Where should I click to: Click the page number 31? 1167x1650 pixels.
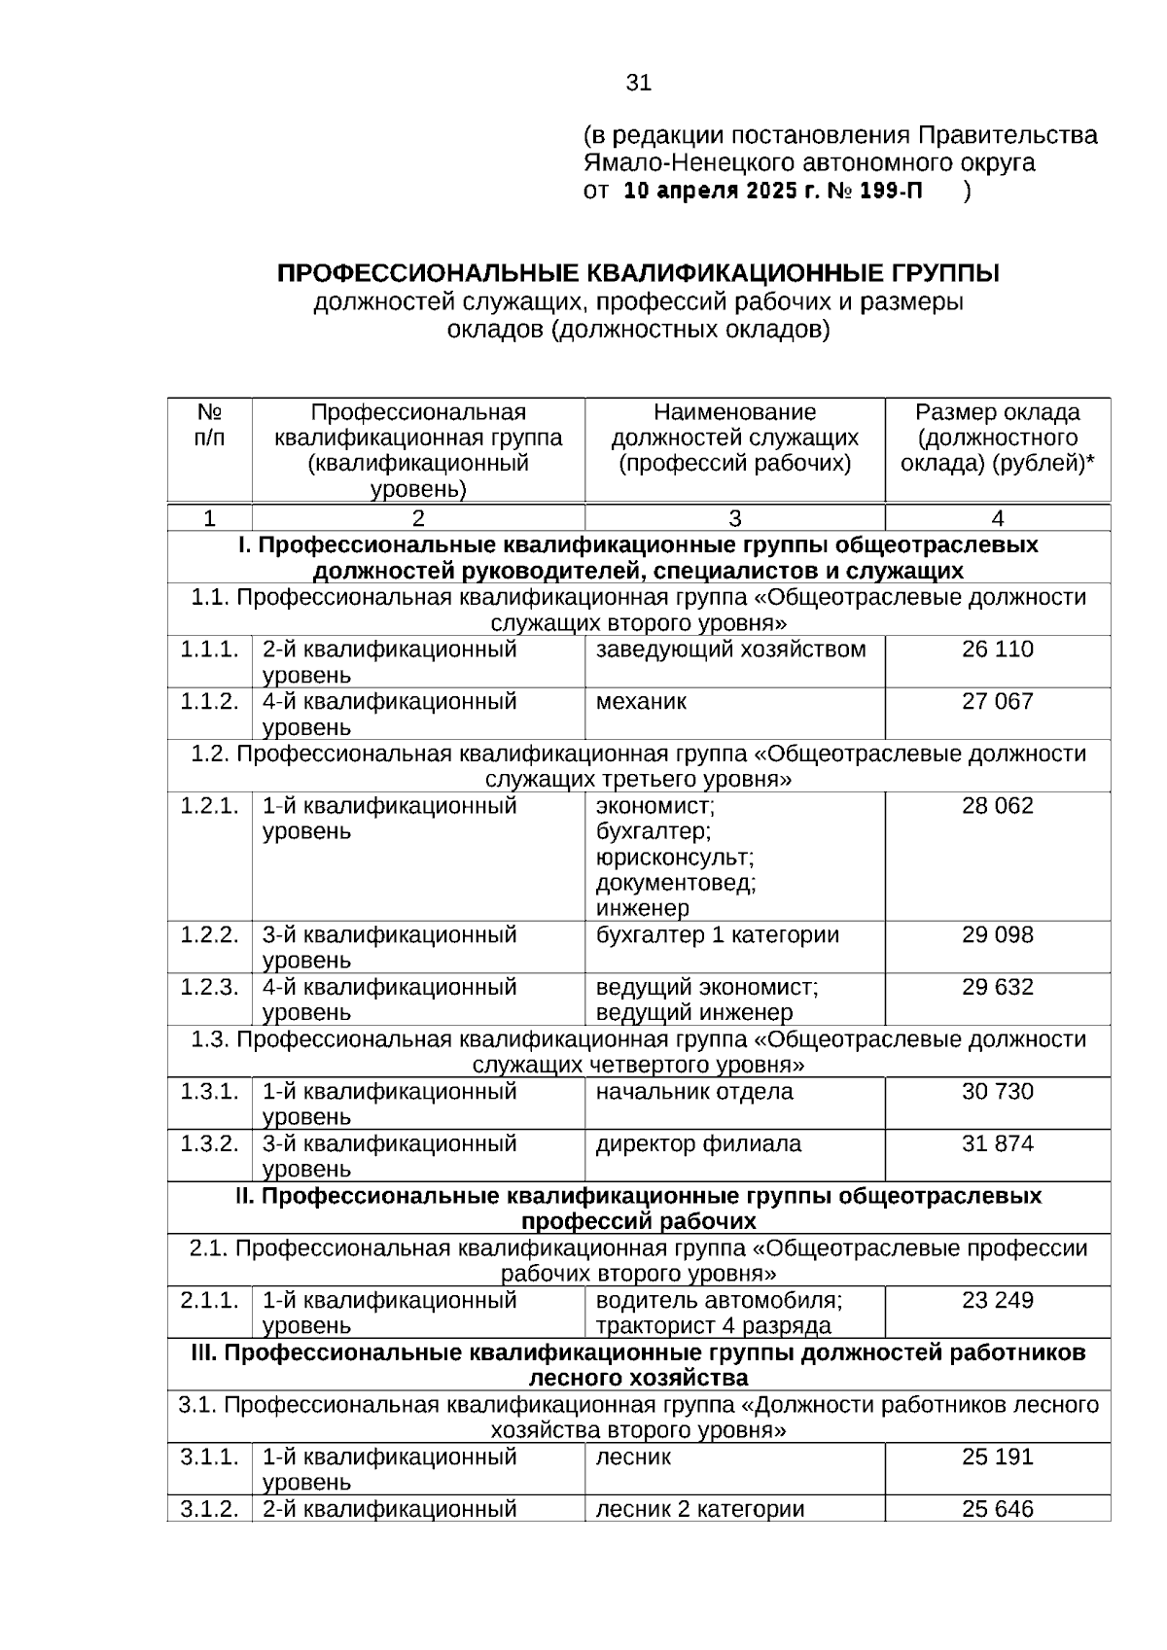(x=638, y=83)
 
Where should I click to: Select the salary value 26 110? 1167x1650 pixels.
(x=997, y=649)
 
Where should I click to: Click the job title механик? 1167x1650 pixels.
(x=641, y=701)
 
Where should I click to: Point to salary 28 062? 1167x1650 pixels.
(x=997, y=806)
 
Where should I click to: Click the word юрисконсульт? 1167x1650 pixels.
(x=675, y=858)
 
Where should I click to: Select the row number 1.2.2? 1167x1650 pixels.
(x=209, y=935)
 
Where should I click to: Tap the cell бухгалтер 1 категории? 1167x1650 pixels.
(x=717, y=935)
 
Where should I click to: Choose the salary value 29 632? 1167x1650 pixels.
(x=997, y=988)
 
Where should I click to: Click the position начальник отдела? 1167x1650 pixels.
(x=693, y=1092)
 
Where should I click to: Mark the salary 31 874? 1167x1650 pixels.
(x=997, y=1143)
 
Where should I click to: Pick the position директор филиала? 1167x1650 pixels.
(x=698, y=1143)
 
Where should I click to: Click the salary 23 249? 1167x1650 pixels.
(x=997, y=1300)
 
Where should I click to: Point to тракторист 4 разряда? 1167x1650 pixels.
(x=713, y=1326)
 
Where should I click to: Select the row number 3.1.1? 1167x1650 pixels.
(x=209, y=1457)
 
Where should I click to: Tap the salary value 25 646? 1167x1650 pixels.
(x=997, y=1509)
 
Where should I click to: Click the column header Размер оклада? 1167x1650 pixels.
(x=997, y=412)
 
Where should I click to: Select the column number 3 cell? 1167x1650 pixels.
(x=734, y=518)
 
